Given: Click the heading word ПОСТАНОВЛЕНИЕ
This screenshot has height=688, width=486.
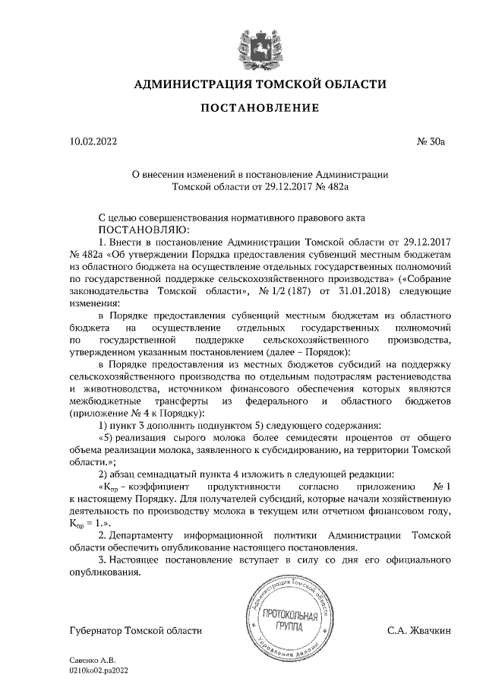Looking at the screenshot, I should point(259,108).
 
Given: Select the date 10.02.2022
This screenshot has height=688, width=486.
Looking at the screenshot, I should point(93,141).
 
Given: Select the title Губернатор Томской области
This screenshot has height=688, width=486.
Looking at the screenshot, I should point(136,630).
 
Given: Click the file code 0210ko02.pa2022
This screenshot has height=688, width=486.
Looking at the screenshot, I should point(99,671).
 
